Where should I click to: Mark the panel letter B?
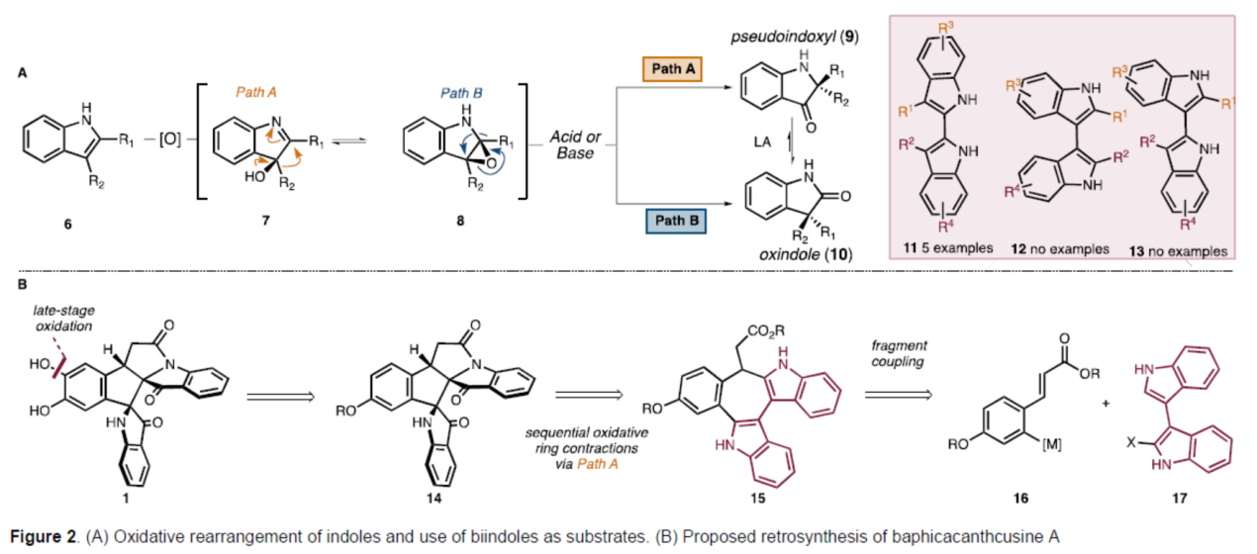pos(23,285)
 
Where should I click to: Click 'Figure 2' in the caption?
pos(48,537)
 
